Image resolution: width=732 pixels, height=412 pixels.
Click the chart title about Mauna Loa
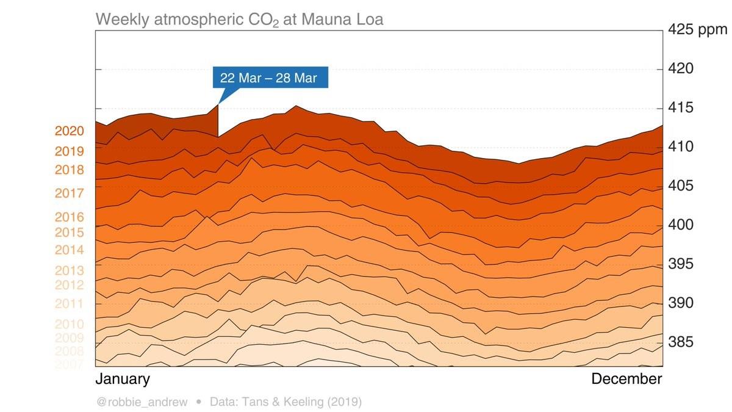pos(239,20)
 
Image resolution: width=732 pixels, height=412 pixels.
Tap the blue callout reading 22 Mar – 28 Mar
pos(269,78)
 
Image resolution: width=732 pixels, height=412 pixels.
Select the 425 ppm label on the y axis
pos(697,29)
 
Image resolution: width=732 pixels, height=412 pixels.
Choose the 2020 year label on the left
pos(70,131)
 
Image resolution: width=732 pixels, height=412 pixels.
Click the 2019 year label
pos(70,151)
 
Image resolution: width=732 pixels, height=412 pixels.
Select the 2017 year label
pos(70,193)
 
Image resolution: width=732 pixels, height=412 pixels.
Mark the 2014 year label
pos(70,250)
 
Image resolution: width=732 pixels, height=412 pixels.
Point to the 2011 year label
pos(70,303)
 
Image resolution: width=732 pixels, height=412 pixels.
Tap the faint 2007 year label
pos(70,364)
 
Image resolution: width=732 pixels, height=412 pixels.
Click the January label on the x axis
pos(123,379)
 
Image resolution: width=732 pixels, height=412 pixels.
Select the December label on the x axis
pos(626,379)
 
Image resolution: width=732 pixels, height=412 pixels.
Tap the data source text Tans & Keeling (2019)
pos(285,402)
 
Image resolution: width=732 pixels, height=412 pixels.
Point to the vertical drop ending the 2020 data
pos(218,121)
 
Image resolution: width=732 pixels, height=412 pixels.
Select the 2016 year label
pos(70,217)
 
